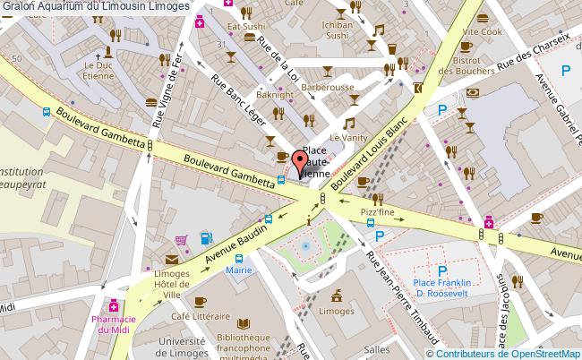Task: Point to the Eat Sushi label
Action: [x=244, y=27]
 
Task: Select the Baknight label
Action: [x=275, y=94]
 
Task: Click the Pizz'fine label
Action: [x=378, y=211]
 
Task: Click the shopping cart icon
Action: [x=182, y=239]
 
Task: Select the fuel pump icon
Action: [x=206, y=237]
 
